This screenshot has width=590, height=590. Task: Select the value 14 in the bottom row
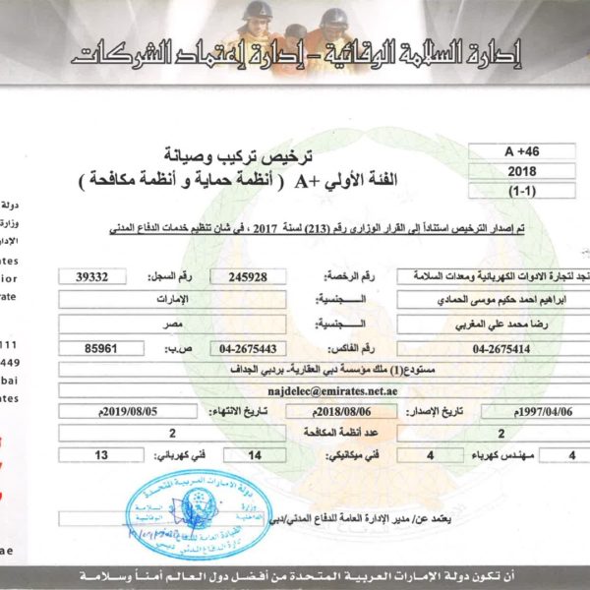[256, 455]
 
